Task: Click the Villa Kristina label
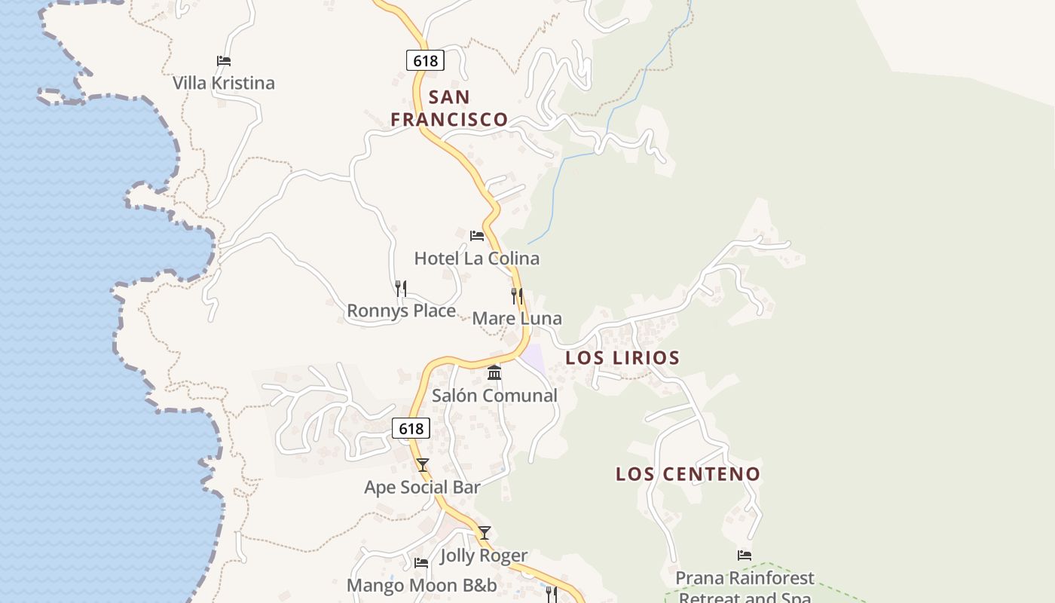pos(224,83)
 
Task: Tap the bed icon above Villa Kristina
pos(224,61)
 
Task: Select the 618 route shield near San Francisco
pos(425,60)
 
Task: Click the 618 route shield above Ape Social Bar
pos(411,429)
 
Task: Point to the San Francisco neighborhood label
pos(449,108)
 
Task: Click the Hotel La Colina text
pos(477,259)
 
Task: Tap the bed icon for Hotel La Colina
pos(477,236)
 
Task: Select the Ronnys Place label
pos(401,311)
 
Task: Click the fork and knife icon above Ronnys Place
pos(401,288)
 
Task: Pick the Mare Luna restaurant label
pos(517,318)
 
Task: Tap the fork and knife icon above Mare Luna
pos(517,295)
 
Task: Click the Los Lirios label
pos(622,357)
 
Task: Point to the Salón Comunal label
pos(494,395)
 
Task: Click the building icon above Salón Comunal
pos(494,372)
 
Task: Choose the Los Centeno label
pos(688,474)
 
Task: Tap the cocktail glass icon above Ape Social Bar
pos(423,465)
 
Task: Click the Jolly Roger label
pos(484,556)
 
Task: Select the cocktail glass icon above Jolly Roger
pos(485,533)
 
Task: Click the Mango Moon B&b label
pos(422,586)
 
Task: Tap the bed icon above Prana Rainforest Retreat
pos(745,556)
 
